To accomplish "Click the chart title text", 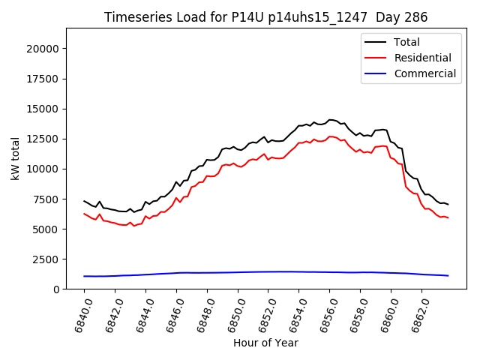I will (266, 17).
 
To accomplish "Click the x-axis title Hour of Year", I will (265, 343).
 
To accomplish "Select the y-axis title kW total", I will (15, 158).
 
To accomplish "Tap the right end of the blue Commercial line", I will (448, 275).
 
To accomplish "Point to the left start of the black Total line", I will (84, 201).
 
